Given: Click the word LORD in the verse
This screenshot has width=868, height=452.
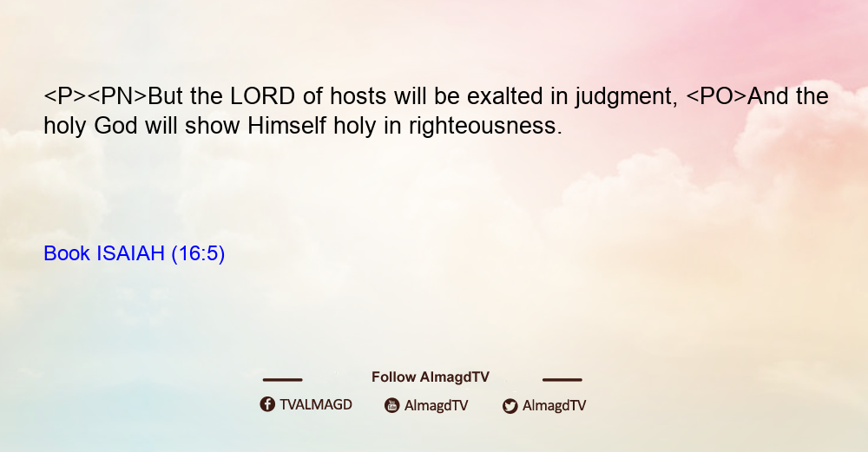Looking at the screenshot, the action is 262,96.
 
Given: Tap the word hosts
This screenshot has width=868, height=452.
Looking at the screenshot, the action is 358,96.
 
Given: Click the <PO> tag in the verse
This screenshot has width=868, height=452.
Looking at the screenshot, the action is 716,96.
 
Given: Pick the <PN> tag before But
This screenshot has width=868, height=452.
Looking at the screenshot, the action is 117,96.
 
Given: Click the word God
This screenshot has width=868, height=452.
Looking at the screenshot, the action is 115,126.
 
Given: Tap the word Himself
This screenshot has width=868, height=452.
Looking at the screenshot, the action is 287,126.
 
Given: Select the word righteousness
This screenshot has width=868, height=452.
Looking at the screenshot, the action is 485,128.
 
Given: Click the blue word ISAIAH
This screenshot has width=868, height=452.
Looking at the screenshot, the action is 131,253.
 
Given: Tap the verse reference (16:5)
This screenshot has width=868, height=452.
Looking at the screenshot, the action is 198,254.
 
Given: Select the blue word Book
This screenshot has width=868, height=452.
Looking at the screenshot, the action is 67,253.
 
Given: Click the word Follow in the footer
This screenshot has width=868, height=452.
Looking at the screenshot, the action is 393,377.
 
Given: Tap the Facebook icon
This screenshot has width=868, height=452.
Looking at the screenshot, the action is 267,404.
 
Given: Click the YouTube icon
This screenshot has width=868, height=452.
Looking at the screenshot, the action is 392,405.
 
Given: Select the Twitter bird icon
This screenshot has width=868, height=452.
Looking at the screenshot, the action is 510,406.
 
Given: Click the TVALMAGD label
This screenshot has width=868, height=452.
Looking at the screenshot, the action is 316,404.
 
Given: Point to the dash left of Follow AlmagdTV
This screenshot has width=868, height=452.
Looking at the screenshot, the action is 282,380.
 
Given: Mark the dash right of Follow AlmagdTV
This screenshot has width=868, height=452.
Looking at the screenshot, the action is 562,380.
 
